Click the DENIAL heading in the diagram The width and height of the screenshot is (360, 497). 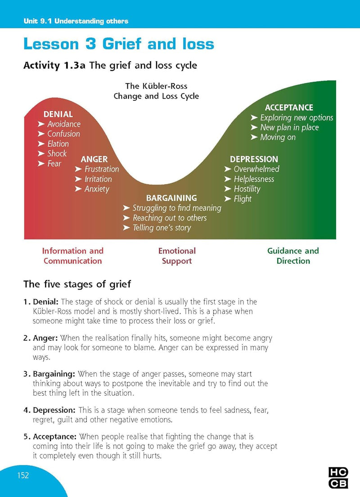[58, 114]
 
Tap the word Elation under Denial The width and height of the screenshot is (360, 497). [58, 144]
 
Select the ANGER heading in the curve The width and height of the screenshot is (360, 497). [94, 159]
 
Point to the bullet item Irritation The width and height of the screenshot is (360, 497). [98, 179]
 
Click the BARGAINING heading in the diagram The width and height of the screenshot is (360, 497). [171, 198]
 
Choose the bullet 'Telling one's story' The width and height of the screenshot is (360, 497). [162, 228]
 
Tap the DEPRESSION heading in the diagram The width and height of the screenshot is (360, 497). [254, 159]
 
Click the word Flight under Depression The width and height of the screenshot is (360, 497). [243, 199]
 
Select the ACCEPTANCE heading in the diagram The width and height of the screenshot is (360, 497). [289, 108]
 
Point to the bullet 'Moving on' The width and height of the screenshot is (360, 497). [278, 137]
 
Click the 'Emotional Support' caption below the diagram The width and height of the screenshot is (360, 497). [177, 256]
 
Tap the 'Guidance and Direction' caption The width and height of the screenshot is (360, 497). [293, 256]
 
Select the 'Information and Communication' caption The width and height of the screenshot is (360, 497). [72, 256]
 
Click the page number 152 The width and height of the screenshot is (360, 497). [23, 475]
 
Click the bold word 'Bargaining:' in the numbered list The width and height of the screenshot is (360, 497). [54, 374]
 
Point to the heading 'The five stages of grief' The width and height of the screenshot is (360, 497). [77, 284]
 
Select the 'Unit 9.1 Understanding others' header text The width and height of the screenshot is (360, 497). [76, 21]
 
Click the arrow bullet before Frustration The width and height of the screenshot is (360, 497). [78, 169]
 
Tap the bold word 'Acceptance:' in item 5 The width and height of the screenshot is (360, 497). [54, 437]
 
